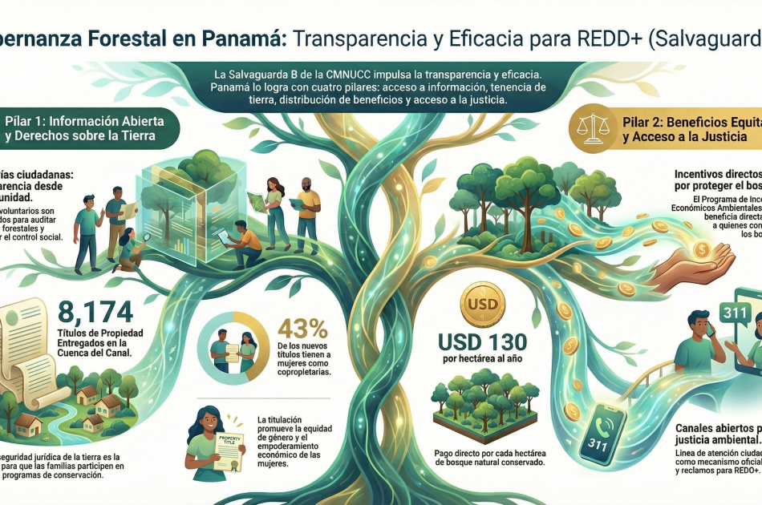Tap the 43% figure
pyautogui.click(x=302, y=328)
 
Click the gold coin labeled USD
pyautogui.click(x=482, y=305)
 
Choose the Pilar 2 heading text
pyautogui.click(x=690, y=128)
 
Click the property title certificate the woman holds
pyautogui.click(x=229, y=453)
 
